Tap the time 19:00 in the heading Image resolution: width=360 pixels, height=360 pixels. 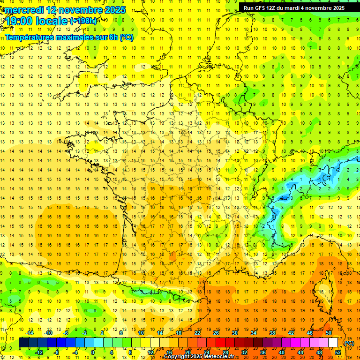pyautogui.click(x=22, y=21)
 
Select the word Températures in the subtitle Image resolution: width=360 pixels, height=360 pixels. pyautogui.click(x=28, y=37)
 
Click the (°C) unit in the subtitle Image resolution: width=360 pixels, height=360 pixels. pyautogui.click(x=127, y=37)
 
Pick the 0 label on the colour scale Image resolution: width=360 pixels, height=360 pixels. pyautogui.click(x=93, y=352)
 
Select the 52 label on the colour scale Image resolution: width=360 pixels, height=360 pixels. pyautogui.click(x=338, y=352)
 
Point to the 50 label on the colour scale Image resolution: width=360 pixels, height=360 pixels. pyautogui.click(x=329, y=333)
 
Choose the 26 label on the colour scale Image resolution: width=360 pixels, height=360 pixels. pyautogui.click(x=216, y=333)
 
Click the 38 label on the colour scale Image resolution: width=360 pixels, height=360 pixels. pyautogui.click(x=272, y=333)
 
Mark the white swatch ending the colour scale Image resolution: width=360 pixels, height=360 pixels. pyautogui.click(x=333, y=343)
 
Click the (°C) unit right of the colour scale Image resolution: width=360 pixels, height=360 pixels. pyautogui.click(x=349, y=343)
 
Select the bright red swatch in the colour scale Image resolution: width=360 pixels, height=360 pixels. pyautogui.click(x=221, y=343)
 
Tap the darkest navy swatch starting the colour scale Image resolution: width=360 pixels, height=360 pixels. pyautogui.click(x=23, y=343)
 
